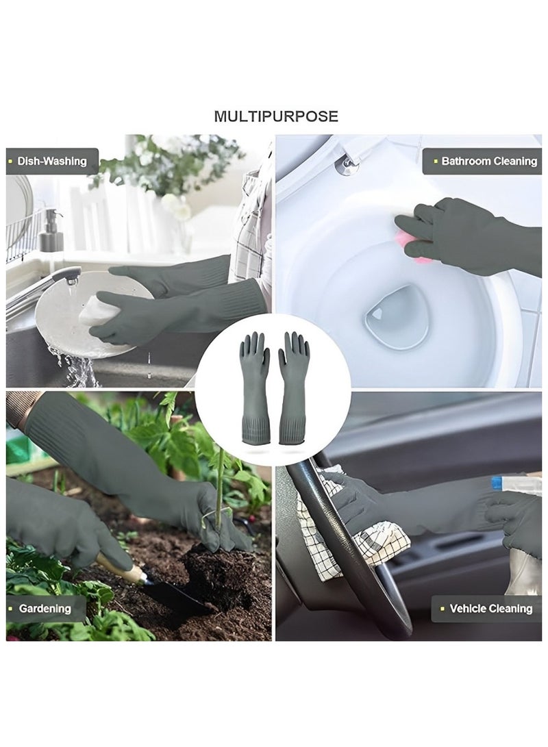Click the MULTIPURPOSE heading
(275, 116)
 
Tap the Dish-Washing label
(52, 162)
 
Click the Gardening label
(45, 608)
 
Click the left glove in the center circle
(254, 387)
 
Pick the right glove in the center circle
(293, 387)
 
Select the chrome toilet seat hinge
(347, 164)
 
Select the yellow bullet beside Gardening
(11, 608)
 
